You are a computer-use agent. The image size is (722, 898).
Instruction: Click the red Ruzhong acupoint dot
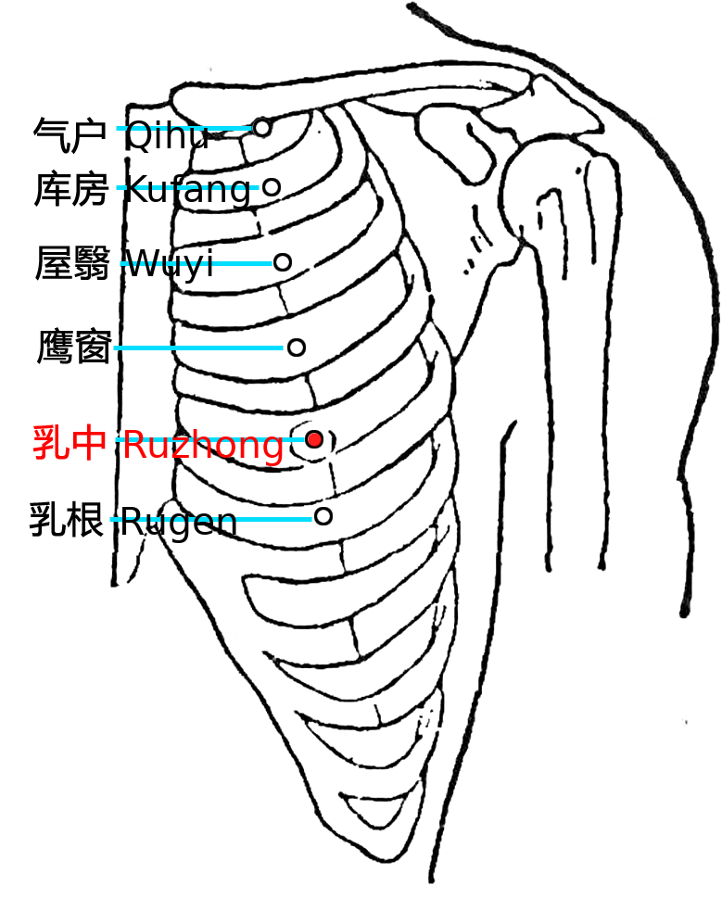314,440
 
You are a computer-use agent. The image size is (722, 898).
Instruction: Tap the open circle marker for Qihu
262,128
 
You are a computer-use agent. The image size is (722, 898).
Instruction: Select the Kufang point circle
272,186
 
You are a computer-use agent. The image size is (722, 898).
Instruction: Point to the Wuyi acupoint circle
283,262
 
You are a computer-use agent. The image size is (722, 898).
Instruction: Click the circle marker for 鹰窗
296,347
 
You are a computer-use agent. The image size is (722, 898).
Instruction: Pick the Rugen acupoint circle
323,516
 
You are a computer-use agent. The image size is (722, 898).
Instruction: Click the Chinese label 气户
70,135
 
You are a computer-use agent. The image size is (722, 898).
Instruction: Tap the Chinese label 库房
71,189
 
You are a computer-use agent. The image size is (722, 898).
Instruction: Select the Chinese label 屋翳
72,263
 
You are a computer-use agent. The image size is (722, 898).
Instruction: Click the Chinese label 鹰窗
74,347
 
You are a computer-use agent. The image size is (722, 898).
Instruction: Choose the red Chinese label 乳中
70,443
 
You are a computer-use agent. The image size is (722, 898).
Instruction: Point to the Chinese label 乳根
67,520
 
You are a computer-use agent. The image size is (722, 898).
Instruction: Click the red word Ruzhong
204,446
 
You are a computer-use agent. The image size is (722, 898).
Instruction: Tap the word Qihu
167,135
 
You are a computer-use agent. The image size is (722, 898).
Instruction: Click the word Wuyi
170,264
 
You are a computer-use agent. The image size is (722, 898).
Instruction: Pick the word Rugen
179,522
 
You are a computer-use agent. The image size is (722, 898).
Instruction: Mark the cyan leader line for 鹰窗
198,348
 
